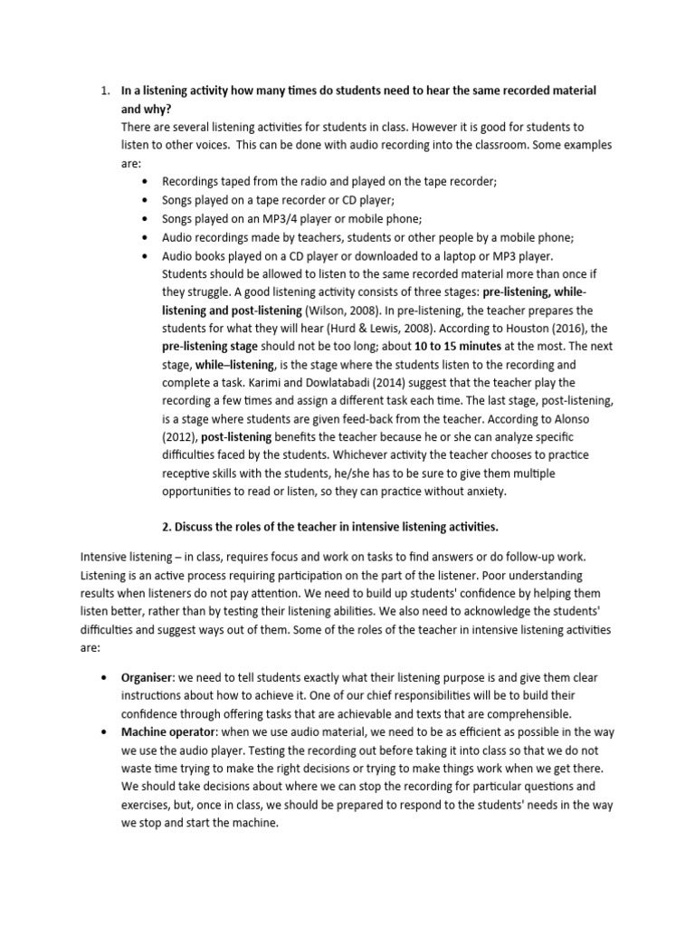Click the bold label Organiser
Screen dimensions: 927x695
click(147, 676)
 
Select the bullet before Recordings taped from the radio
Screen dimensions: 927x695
click(145, 181)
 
